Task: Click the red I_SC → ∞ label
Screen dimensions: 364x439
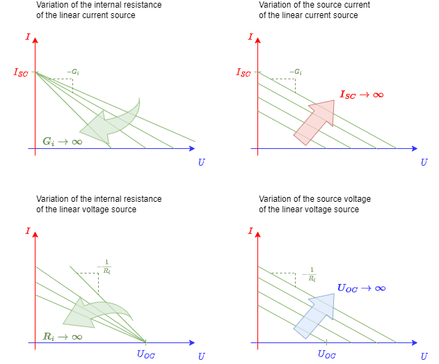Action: pos(361,95)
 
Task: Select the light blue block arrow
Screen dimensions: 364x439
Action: pos(315,315)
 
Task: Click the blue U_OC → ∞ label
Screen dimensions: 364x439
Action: pos(361,288)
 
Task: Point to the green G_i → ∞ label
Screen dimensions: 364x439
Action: pos(62,141)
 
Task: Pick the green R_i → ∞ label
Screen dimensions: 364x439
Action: pos(63,336)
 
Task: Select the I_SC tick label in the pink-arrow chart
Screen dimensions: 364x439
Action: pos(244,72)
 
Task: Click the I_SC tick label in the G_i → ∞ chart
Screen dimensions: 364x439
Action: pos(21,72)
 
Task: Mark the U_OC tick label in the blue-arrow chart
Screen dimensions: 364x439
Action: pos(327,354)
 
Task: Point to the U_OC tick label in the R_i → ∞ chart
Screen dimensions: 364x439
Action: pos(146,354)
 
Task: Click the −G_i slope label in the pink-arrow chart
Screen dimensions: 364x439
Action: pos(296,72)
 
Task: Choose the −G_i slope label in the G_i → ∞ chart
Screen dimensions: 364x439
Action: pos(73,72)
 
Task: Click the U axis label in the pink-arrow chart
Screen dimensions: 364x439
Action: pos(424,162)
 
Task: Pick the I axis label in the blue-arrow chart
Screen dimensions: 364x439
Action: pos(250,231)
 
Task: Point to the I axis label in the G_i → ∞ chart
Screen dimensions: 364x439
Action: pos(28,37)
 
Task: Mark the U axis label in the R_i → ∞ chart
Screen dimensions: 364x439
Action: pos(201,356)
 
